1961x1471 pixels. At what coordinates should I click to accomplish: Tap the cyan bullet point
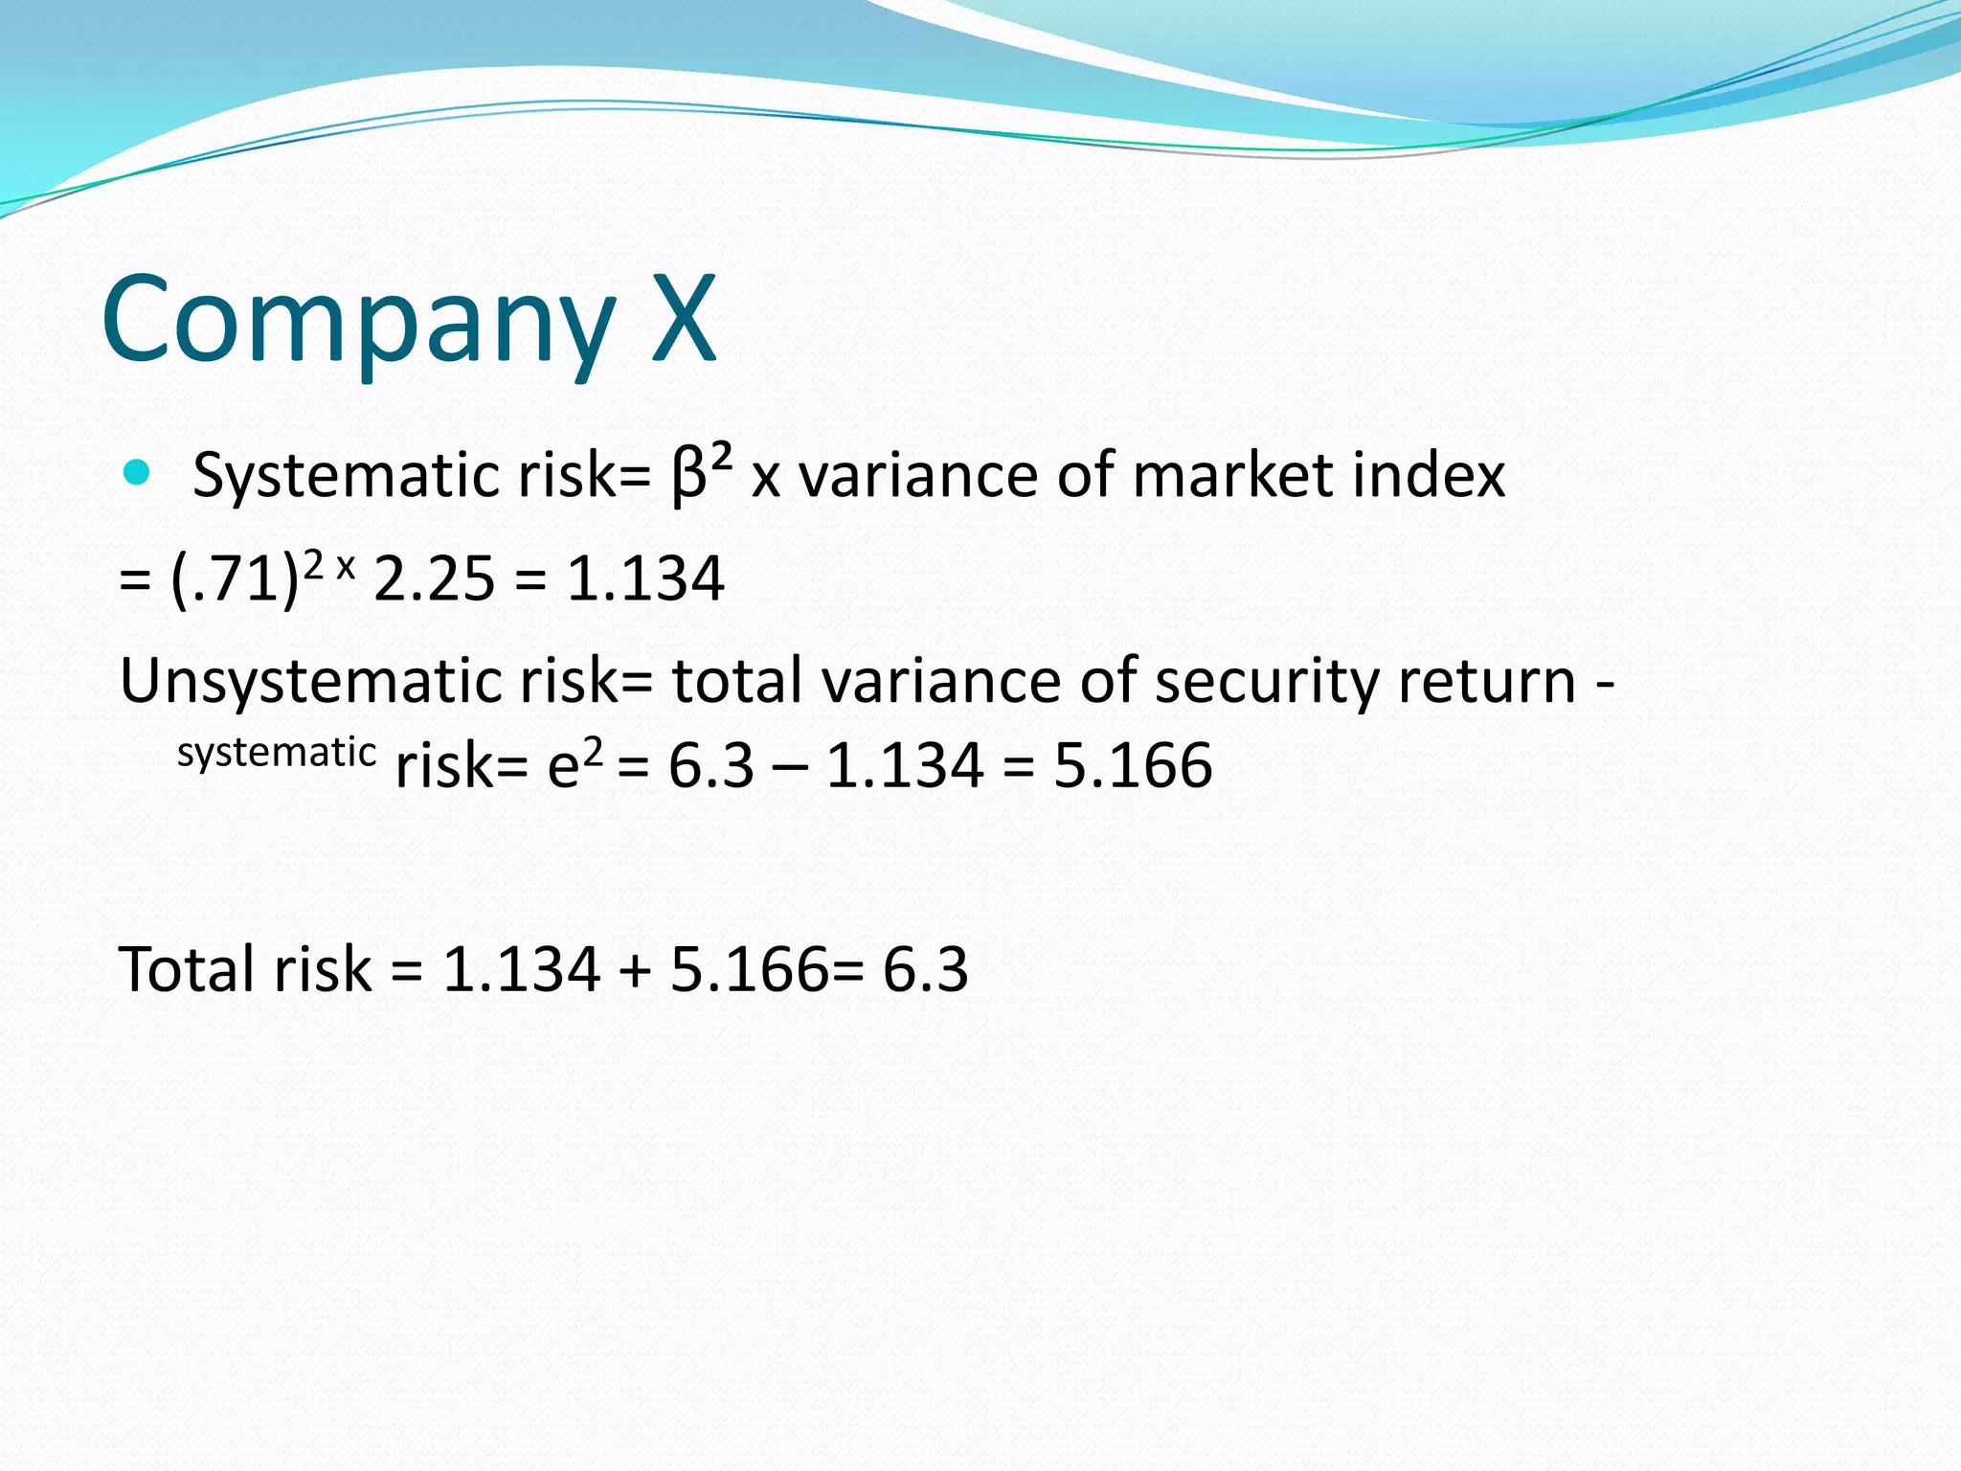pos(137,472)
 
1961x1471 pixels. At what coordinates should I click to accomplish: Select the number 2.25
pos(434,579)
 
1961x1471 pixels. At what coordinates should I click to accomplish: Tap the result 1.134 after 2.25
pos(645,579)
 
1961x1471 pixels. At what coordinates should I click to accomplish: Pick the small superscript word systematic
pos(276,753)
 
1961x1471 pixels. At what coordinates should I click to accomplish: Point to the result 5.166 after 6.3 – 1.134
pos(1133,766)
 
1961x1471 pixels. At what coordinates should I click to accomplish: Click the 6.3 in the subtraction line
pos(710,766)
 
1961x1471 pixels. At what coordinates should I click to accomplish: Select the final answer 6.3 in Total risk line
pos(925,969)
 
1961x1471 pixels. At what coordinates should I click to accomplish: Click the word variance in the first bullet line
pos(917,475)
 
